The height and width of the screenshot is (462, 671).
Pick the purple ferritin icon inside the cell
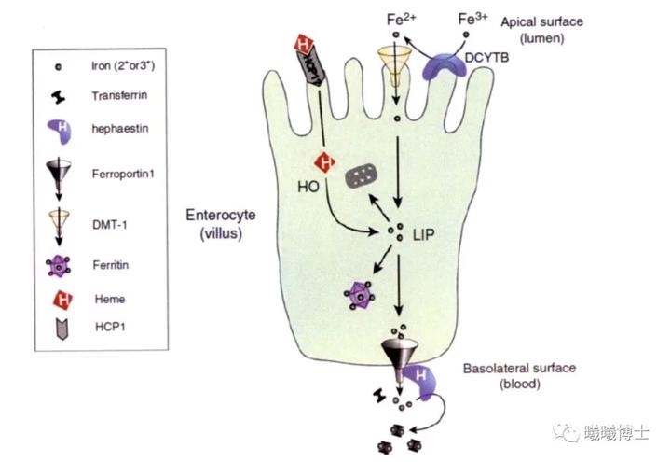(357, 298)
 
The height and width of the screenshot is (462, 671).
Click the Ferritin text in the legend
(112, 265)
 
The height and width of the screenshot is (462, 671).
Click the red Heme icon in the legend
(58, 300)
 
